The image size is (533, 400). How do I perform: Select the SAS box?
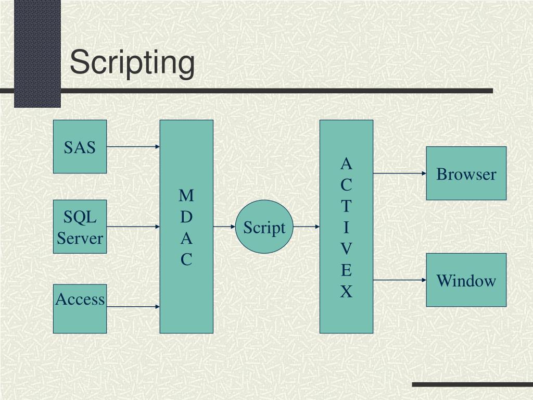tap(80, 147)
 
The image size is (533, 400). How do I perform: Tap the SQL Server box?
tap(80, 227)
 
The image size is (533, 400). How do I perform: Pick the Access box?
tap(80, 308)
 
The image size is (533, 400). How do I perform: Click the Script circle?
tap(264, 227)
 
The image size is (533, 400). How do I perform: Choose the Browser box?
tap(466, 173)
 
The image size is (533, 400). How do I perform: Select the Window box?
tap(466, 280)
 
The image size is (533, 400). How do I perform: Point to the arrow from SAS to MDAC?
tap(133, 147)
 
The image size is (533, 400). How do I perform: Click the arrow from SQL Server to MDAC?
tap(133, 227)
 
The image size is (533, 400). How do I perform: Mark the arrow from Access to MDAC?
tap(133, 307)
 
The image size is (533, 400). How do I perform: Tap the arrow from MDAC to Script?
tap(224, 227)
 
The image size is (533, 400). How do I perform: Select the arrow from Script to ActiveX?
tap(307, 227)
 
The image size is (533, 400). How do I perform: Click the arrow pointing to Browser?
tap(399, 173)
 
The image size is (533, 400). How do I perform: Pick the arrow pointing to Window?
tap(399, 280)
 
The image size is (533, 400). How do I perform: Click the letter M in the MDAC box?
tap(186, 196)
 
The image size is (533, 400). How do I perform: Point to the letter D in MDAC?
tap(186, 217)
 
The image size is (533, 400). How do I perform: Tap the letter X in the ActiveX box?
tap(346, 292)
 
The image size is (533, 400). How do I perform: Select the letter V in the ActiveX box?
tap(346, 249)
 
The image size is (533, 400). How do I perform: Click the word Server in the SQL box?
tap(80, 239)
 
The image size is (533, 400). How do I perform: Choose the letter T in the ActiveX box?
tap(346, 207)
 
